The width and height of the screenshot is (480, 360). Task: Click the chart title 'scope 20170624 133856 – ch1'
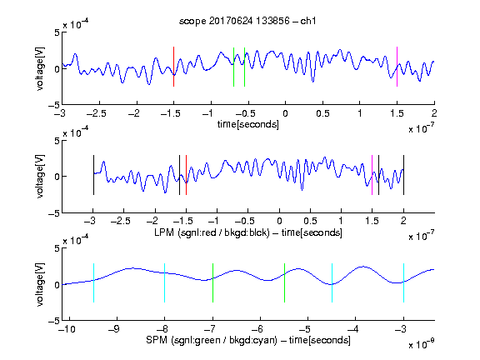pos(247,21)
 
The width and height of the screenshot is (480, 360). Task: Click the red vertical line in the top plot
pos(173,67)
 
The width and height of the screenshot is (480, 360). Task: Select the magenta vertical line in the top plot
pos(397,67)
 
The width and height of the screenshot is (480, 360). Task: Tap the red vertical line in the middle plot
pos(186,175)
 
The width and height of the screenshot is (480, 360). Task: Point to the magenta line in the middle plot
pos(372,175)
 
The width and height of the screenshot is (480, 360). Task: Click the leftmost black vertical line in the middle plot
pos(93,175)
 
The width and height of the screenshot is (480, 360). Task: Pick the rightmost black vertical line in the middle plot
pos(404,175)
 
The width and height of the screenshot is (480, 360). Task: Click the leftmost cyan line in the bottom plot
pos(93,282)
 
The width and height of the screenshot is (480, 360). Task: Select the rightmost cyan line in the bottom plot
pos(404,282)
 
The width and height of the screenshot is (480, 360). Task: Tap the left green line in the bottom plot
pos(212,282)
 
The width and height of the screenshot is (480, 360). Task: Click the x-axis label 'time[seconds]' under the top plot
pos(248,124)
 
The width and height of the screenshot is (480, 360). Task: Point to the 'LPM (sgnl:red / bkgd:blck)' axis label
pos(212,232)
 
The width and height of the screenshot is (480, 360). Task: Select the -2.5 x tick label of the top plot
pos(96,113)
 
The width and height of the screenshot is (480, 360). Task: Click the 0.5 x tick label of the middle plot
pos(310,221)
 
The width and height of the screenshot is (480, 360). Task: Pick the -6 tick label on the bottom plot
pos(257,329)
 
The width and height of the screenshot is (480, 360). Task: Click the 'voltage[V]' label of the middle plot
pos(40,177)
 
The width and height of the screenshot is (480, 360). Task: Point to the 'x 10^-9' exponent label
pos(422,344)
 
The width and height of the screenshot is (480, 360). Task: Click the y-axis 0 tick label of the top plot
pos(57,69)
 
